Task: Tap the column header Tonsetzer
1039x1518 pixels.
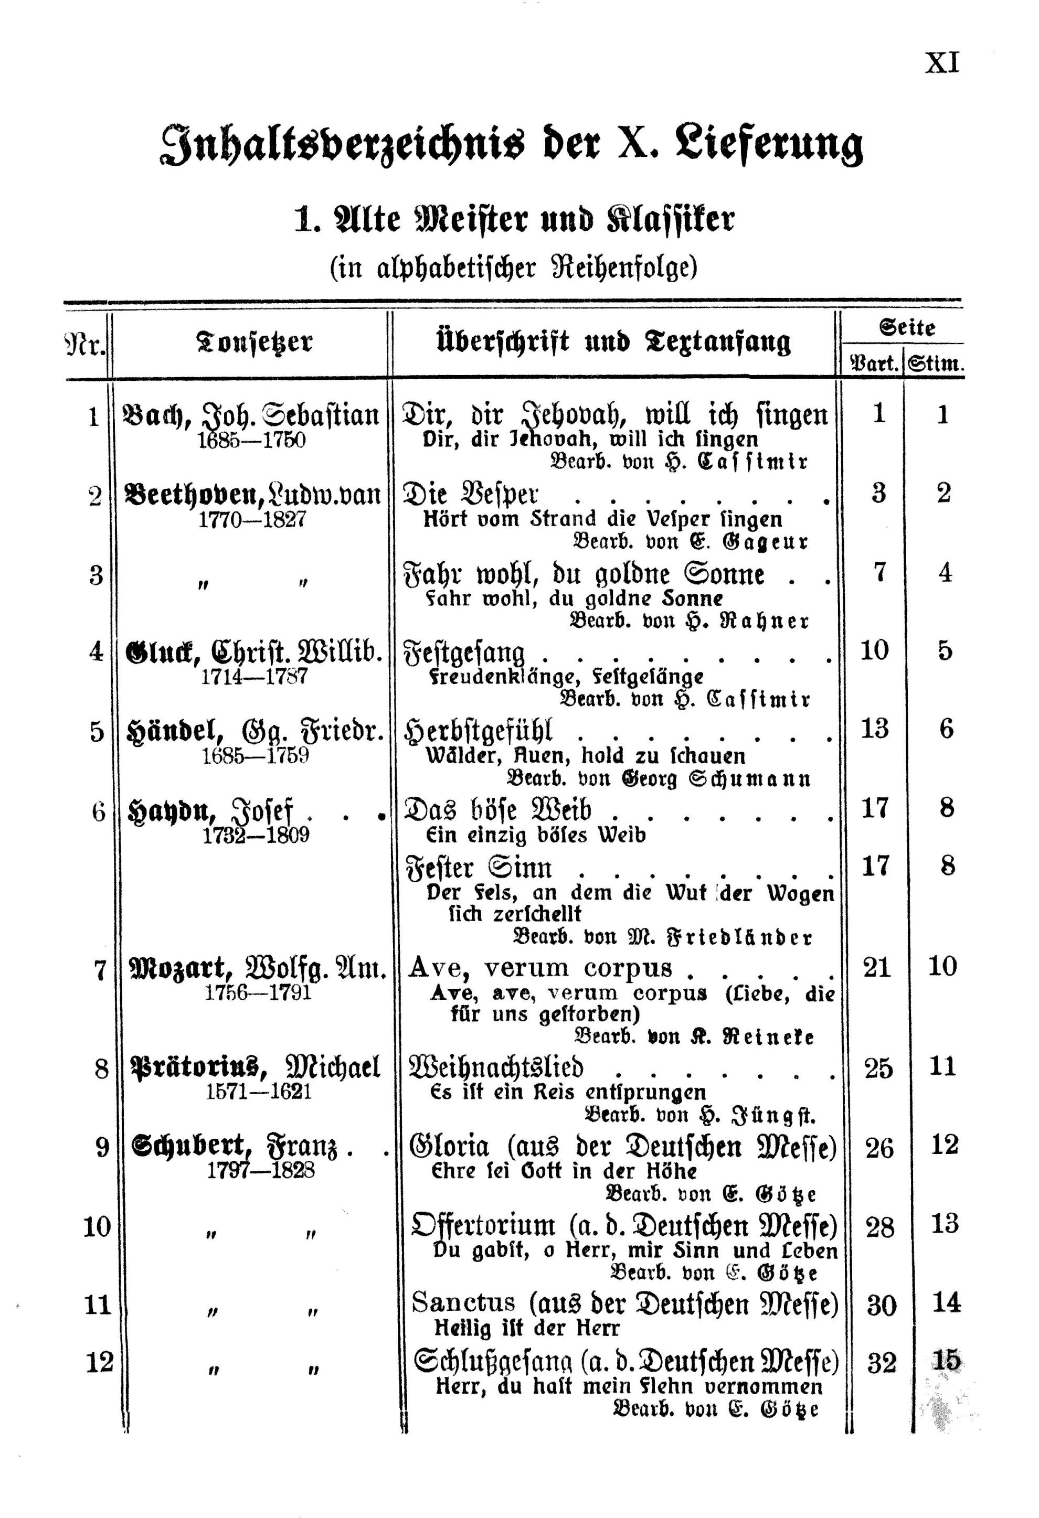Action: pos(254,341)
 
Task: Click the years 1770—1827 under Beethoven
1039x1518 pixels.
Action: pos(252,520)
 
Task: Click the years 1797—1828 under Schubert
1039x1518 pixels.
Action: pos(260,1170)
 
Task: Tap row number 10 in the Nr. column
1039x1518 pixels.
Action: pos(97,1227)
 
